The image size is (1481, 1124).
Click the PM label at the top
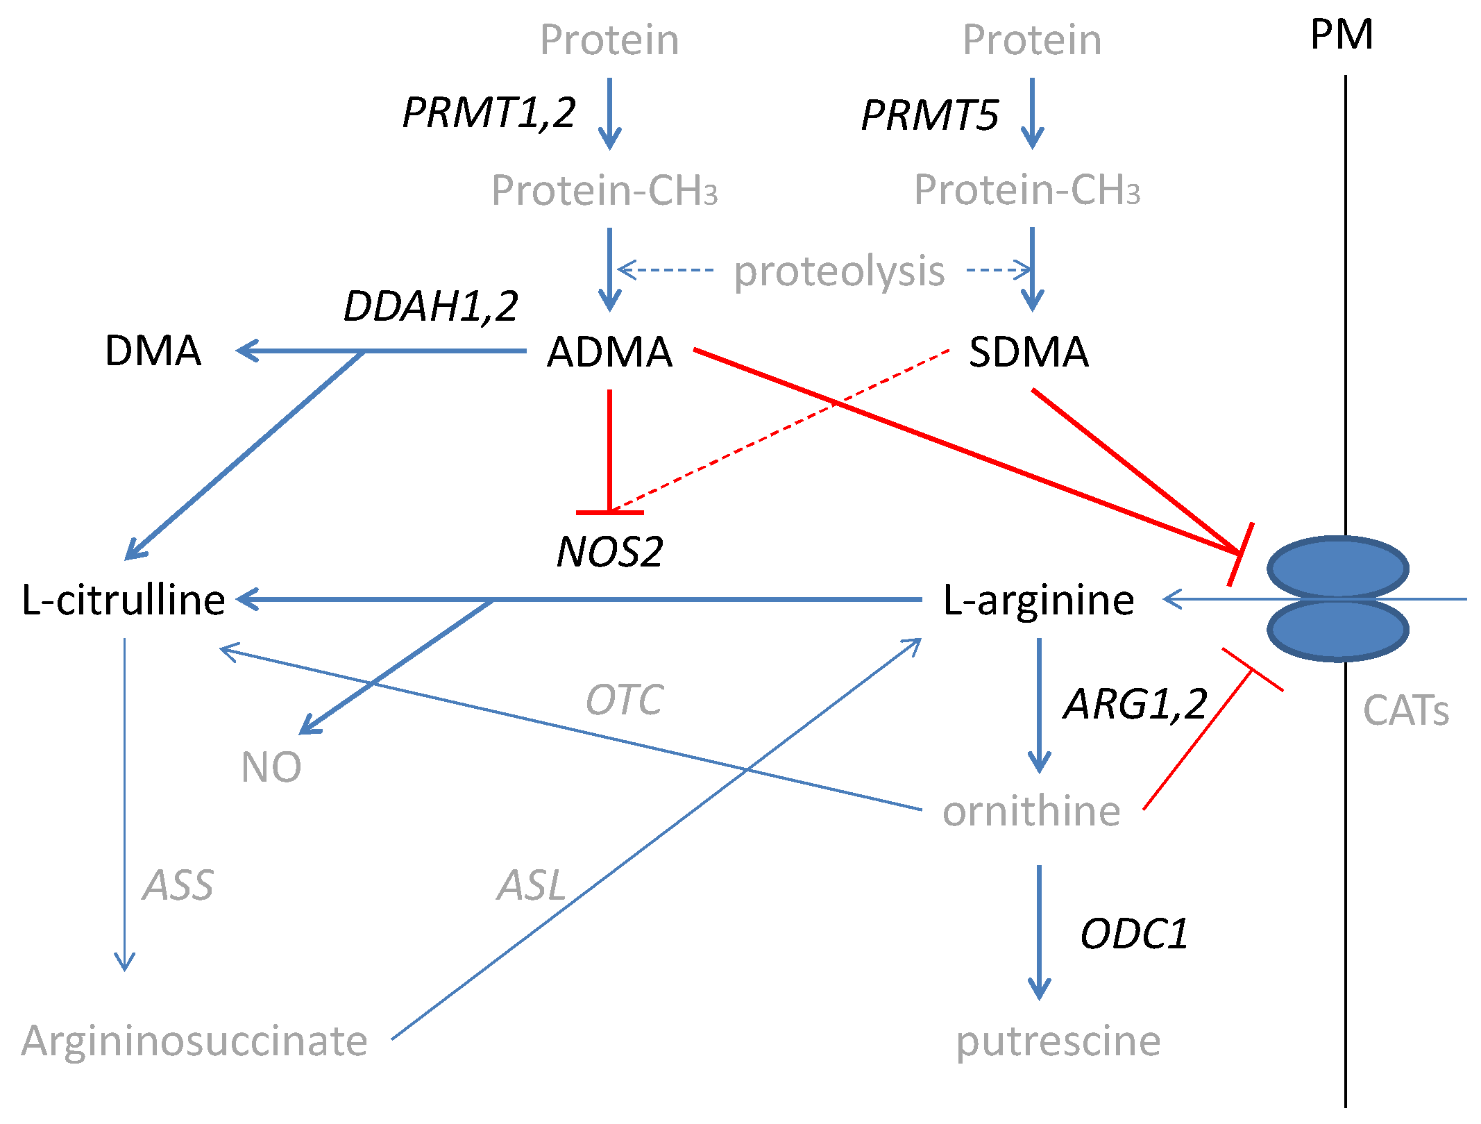point(1341,35)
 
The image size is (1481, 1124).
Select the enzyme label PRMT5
point(929,115)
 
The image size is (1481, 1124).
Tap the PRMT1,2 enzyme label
point(489,112)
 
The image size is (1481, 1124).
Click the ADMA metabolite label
point(609,351)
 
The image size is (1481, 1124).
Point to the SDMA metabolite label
point(1028,351)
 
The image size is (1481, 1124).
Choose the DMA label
point(153,351)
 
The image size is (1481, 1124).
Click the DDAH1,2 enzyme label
point(430,306)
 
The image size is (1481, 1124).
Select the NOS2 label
point(609,553)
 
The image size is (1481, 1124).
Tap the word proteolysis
point(839,271)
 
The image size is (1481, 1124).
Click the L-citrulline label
point(124,600)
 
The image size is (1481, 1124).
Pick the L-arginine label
point(1038,600)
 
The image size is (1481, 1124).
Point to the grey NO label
point(271,767)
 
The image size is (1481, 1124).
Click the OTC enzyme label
point(625,700)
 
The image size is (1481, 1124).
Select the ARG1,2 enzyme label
point(1135,704)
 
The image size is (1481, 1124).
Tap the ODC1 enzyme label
point(1133,934)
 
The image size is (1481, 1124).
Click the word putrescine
point(1058,1041)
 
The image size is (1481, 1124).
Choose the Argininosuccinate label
point(194,1041)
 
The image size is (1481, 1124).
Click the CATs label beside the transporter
point(1405,711)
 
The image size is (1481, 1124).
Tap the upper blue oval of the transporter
point(1337,567)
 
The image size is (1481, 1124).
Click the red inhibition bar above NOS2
point(609,512)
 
